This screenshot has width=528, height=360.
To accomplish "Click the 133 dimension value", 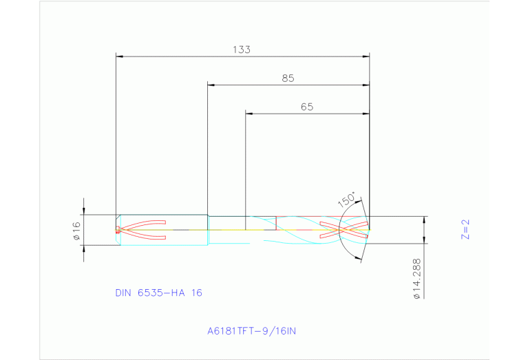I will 241,50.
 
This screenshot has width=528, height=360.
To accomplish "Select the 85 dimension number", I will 288,78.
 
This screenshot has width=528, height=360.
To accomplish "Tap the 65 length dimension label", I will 307,107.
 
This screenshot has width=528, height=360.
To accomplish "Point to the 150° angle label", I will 346,200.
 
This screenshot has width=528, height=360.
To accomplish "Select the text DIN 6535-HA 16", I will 158,293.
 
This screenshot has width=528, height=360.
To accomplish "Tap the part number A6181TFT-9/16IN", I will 251,331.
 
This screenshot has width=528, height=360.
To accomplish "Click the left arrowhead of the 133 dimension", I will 120,56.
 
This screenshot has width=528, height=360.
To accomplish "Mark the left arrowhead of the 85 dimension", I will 211,85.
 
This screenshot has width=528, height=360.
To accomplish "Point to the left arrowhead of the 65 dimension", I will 249,112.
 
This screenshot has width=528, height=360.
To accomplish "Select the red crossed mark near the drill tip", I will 344,230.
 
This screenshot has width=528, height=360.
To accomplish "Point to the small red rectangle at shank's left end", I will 118,230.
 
